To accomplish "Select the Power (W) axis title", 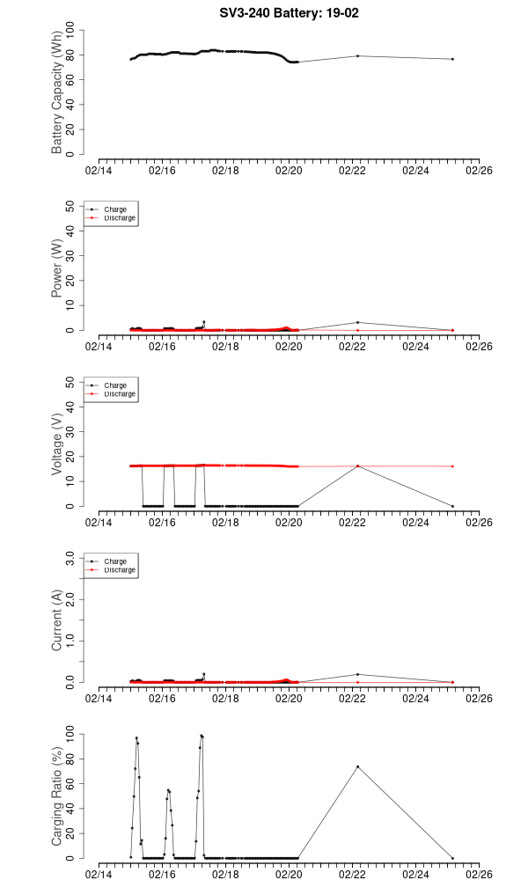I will (x=57, y=268).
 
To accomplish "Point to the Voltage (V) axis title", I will (x=57, y=444).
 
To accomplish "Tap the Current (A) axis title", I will (x=57, y=620).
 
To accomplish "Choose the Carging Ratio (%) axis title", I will (x=57, y=796).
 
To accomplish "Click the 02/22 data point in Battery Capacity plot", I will (x=357, y=56).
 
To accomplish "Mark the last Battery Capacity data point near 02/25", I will (x=452, y=59).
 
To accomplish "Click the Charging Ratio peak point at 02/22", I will (x=357, y=766).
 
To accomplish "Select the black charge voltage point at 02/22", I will (x=357, y=466).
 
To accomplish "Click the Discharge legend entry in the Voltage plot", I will (x=120, y=393).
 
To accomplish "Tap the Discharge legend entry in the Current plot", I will (x=120, y=569).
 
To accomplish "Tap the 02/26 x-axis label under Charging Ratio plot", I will (x=479, y=875).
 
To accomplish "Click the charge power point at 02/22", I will (x=357, y=322).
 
